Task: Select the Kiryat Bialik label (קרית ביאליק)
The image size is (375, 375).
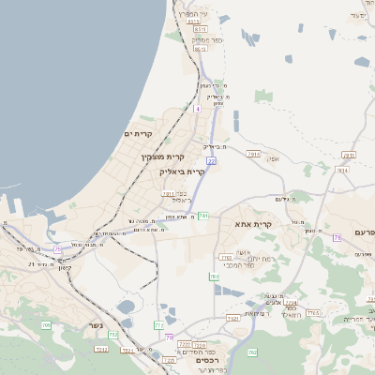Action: click(182, 172)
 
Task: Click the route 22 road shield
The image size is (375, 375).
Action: click(212, 161)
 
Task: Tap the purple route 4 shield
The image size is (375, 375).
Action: click(197, 109)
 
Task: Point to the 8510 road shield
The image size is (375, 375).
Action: click(200, 49)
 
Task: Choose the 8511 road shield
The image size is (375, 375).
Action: click(201, 31)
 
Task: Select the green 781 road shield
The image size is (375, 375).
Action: click(203, 216)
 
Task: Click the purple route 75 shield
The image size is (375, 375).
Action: click(58, 248)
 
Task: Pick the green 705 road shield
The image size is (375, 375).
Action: click(46, 324)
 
